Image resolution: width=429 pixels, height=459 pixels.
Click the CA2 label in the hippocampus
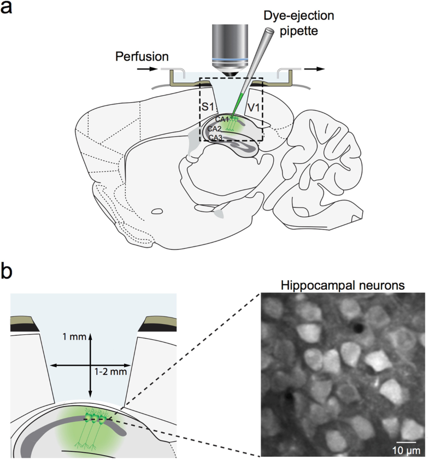click(x=214, y=128)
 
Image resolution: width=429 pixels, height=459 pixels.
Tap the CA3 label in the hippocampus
click(x=214, y=138)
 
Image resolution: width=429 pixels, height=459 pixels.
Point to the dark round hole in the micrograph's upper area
click(x=359, y=327)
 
